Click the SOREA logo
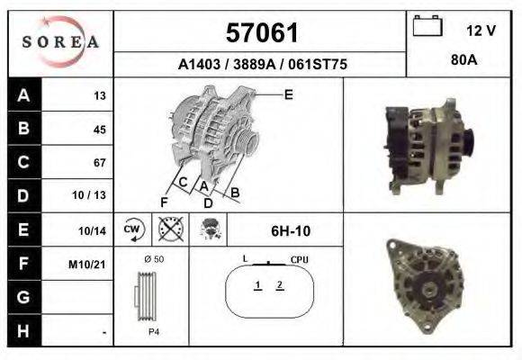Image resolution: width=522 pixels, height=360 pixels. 60,41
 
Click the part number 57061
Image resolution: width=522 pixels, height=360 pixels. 262,33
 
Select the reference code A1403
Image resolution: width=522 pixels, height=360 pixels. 199,64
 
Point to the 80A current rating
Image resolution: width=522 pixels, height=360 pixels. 463,60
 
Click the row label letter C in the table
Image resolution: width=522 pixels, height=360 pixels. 23,162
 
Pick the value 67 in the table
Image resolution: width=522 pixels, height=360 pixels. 100,163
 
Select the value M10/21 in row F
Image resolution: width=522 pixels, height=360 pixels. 87,265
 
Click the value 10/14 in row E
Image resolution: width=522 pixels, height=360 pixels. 92,230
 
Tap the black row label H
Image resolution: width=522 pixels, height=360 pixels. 23,331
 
